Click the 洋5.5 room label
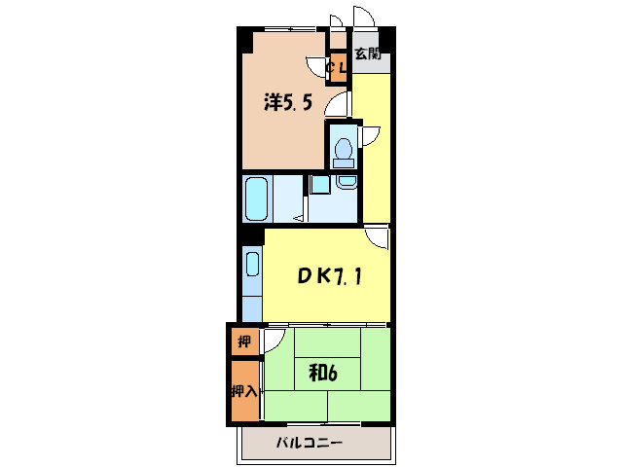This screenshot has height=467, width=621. pos(287,102)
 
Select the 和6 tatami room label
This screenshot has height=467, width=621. pos(324,374)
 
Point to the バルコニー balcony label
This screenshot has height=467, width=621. pos(309,443)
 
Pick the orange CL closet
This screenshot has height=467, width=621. pos(338,68)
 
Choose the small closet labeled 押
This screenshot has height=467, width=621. pos(243,341)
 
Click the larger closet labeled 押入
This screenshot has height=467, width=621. pos(244,391)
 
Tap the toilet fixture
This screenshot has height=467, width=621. pos(343,149)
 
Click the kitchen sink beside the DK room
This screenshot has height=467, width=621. pos(252,265)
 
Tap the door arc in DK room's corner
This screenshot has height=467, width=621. pos(378,237)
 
